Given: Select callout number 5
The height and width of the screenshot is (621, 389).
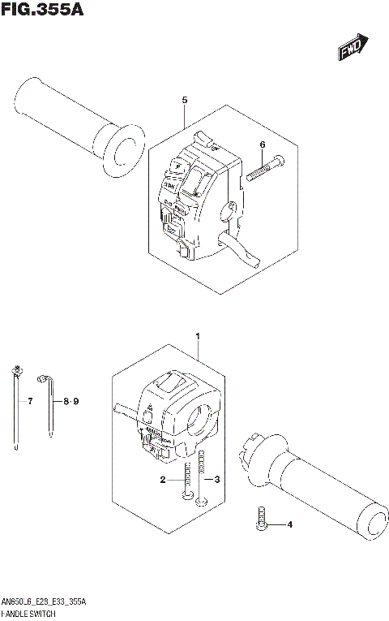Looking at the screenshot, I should tap(185, 100).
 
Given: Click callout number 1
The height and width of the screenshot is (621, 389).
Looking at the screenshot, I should tap(197, 335).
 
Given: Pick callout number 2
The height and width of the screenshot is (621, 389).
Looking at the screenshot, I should tap(163, 481).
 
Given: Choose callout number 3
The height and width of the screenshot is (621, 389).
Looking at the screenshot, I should tap(217, 481).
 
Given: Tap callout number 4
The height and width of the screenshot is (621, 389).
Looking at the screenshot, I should tap(289, 524).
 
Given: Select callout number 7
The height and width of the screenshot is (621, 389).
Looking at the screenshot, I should tap(29, 402).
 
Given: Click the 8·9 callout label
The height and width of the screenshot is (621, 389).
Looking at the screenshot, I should tap(72, 402).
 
